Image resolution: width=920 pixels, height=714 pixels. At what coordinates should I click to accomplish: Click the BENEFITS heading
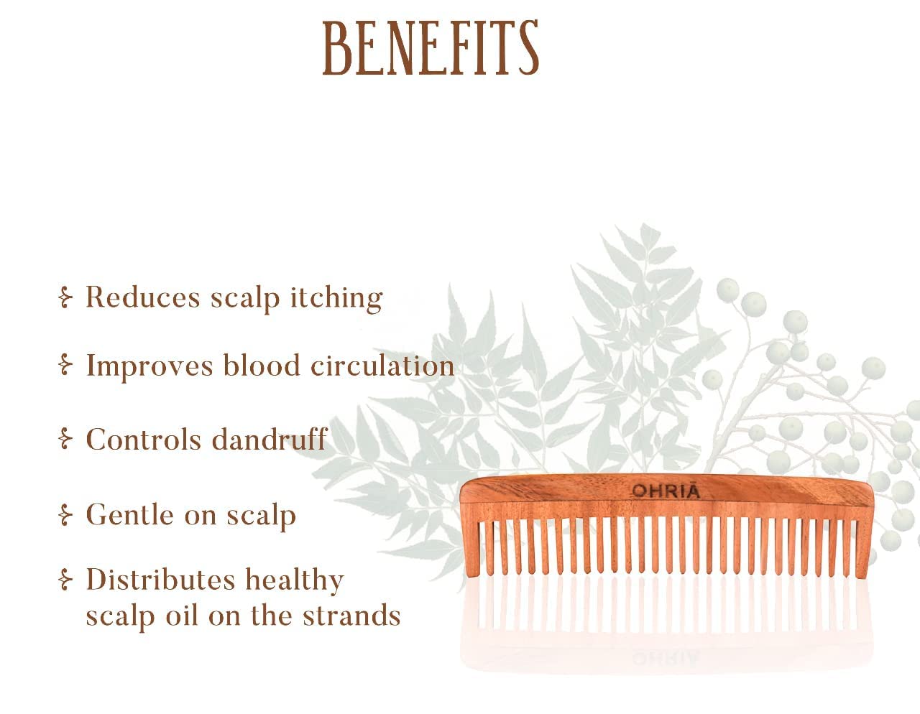pos(431,48)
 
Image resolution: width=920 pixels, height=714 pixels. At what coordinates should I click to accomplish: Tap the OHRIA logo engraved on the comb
pos(666,491)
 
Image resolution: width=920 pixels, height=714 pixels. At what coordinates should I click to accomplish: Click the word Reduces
pos(143,297)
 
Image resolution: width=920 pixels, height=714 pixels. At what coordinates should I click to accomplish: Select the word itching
pos(336,299)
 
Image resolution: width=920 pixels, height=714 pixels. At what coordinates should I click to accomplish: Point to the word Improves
pos(149,366)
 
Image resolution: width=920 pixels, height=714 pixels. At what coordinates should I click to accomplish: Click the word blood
pos(262,365)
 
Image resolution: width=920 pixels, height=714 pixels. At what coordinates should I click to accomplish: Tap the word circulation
pos(382,365)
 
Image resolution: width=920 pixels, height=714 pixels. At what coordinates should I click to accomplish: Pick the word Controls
pos(144,439)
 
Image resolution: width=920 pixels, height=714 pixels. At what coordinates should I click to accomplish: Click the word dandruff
pos(270,439)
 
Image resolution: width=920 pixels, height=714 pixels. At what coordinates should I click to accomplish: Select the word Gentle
pos(130,514)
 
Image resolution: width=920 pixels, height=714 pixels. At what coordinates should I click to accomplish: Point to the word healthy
pos(295,580)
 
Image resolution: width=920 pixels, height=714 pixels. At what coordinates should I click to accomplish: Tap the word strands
pos(351,615)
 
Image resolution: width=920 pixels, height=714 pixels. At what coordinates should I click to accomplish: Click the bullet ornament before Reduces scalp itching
pos(65,297)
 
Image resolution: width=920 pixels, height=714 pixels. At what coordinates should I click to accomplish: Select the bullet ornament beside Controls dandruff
pos(65,439)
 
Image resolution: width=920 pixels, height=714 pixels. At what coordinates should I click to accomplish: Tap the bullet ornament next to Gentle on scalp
pos(65,514)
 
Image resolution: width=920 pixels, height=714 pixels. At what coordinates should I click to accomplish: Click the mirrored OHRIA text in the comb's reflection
pos(666,658)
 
